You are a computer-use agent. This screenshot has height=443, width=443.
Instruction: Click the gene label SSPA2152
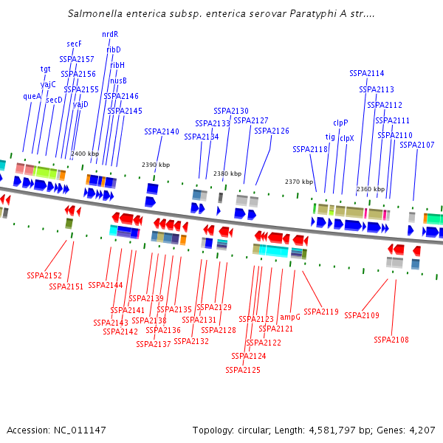[44, 275]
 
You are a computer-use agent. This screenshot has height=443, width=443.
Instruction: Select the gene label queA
[32, 96]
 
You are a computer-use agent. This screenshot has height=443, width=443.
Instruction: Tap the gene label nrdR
[110, 34]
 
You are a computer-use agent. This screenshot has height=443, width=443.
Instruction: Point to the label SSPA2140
[162, 131]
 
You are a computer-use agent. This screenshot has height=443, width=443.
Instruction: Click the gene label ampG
[290, 317]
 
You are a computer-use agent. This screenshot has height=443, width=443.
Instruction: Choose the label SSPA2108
[391, 340]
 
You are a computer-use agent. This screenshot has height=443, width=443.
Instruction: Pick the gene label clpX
[346, 138]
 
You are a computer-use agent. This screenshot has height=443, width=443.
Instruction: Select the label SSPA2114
[367, 73]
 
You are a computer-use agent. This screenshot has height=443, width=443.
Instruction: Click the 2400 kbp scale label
[85, 154]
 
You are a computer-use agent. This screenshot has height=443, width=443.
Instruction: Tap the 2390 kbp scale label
[156, 165]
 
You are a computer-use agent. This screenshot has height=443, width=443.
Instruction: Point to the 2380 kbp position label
[227, 174]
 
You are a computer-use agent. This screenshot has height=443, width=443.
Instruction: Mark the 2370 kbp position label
[299, 182]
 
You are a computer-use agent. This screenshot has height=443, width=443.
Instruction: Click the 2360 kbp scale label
[370, 190]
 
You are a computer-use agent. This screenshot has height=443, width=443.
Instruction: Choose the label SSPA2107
[417, 145]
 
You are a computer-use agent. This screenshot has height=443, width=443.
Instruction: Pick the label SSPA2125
[243, 370]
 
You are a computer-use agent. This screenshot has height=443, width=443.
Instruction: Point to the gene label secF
[74, 44]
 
